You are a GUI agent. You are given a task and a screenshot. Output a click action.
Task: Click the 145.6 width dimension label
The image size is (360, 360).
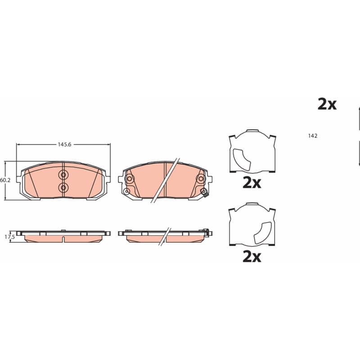pyautogui.click(x=64, y=144)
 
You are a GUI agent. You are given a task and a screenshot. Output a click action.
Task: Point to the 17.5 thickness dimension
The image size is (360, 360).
pyautogui.click(x=9, y=237)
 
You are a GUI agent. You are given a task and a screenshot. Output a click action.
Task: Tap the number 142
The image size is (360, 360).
pyautogui.click(x=313, y=136)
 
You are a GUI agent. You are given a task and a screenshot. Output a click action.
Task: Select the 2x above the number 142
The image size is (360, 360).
pyautogui.click(x=327, y=104)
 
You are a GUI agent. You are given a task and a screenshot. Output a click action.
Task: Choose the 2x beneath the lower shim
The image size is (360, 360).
pyautogui.click(x=252, y=257)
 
